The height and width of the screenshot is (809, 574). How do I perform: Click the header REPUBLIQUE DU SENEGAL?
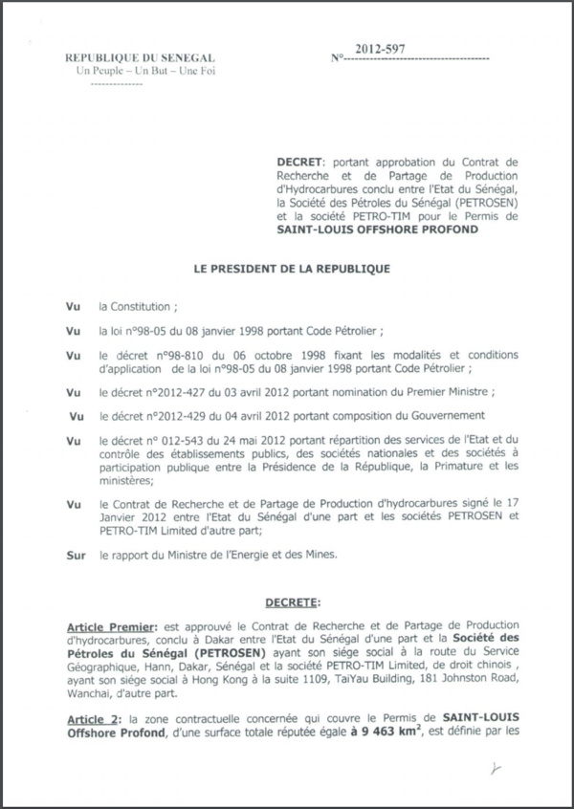click(x=140, y=58)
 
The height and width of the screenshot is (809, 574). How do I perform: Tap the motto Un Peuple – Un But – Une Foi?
click(x=140, y=72)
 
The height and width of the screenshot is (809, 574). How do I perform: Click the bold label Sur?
click(x=76, y=555)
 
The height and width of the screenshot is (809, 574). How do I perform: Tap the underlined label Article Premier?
click(x=102, y=622)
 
